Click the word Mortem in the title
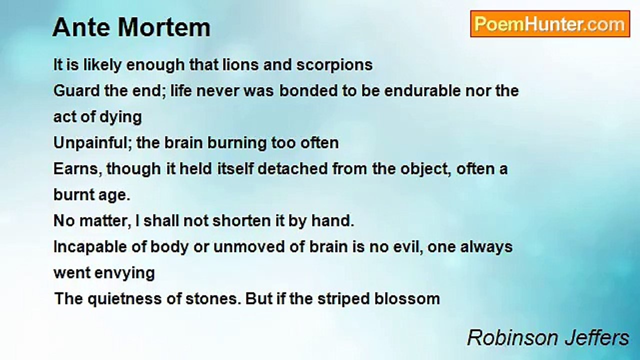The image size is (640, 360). click(164, 27)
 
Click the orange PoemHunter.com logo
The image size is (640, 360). click(550, 24)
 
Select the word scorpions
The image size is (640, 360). click(334, 65)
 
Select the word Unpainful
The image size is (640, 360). click(93, 143)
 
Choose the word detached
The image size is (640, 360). click(292, 168)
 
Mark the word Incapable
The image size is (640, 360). click(90, 247)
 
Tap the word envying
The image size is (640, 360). click(124, 273)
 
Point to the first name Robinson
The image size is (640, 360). click(512, 337)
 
